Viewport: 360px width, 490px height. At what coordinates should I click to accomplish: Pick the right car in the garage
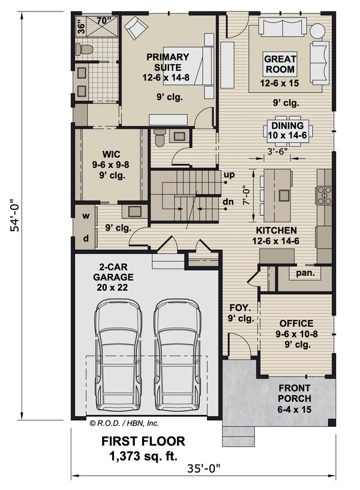tap(177, 354)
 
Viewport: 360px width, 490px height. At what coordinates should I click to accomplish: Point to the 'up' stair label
tap(229, 175)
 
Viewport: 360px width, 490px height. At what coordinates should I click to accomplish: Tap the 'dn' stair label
tap(228, 202)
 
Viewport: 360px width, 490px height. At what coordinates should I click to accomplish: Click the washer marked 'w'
tap(86, 216)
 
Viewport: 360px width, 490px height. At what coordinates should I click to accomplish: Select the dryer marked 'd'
tap(86, 238)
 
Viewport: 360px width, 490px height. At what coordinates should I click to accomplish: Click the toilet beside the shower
tap(85, 48)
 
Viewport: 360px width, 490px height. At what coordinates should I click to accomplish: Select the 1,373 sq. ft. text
tap(143, 455)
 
